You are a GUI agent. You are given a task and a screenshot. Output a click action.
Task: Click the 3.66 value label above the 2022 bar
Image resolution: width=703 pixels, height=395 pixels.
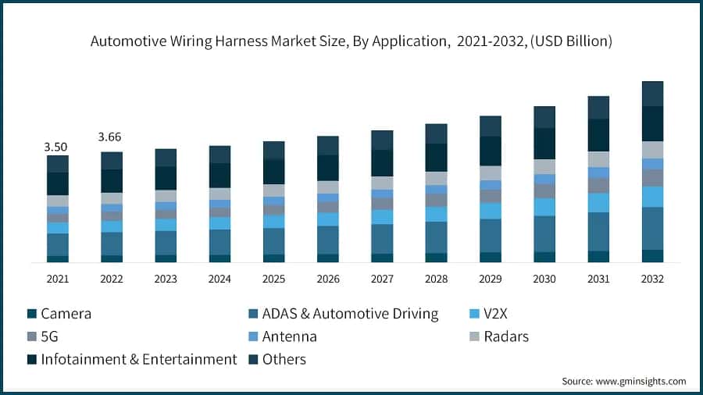tap(110, 137)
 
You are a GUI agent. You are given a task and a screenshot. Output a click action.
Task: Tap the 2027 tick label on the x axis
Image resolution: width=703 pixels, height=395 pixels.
tap(382, 279)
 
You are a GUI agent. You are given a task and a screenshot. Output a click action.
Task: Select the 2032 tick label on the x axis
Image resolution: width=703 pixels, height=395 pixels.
tap(652, 279)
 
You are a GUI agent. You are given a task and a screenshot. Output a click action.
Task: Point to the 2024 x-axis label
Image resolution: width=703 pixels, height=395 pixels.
tap(219, 279)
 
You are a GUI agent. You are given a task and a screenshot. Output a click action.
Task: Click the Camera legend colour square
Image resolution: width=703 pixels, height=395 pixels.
tap(31, 314)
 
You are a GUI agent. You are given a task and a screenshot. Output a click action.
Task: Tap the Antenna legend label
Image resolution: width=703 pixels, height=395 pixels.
tap(288, 336)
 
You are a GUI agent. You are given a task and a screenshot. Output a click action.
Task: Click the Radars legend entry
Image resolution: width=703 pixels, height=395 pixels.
tap(505, 336)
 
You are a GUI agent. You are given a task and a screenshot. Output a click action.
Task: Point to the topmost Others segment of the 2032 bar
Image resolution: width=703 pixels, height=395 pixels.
tap(652, 93)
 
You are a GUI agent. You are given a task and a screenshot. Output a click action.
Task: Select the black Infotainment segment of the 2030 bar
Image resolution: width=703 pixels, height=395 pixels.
tap(544, 144)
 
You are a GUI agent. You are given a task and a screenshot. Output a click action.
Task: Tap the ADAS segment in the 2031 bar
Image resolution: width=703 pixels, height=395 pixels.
tap(598, 231)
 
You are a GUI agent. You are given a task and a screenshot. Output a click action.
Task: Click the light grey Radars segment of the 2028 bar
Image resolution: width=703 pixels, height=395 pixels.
tap(436, 178)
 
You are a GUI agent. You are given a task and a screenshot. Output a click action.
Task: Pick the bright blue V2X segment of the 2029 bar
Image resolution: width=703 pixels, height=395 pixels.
tap(491, 211)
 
